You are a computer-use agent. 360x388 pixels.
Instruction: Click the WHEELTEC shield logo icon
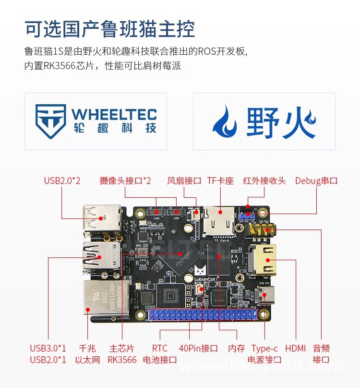click(50, 121)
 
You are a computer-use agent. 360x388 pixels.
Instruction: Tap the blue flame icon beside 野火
click(225, 121)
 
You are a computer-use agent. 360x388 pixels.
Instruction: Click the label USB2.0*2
click(62, 181)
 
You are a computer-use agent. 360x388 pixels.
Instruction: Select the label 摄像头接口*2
click(125, 181)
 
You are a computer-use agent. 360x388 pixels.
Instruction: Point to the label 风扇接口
click(184, 181)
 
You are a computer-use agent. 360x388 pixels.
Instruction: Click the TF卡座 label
click(220, 181)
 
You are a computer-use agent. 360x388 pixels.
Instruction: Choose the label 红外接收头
click(264, 181)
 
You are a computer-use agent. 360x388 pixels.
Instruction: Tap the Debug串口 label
click(316, 181)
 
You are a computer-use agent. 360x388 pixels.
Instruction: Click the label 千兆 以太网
click(88, 354)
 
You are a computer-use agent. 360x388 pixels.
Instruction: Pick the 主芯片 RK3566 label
click(122, 354)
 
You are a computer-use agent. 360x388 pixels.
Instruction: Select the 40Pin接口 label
click(199, 349)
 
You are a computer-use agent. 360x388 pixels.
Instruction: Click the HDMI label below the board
click(295, 349)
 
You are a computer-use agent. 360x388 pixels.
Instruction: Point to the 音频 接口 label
click(321, 354)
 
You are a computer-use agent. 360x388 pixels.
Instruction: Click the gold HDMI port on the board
click(263, 260)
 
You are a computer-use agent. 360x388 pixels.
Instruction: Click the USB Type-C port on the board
click(266, 293)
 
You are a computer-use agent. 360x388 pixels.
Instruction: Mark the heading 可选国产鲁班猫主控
click(110, 29)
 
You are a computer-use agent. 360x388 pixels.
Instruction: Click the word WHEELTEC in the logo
click(114, 114)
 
